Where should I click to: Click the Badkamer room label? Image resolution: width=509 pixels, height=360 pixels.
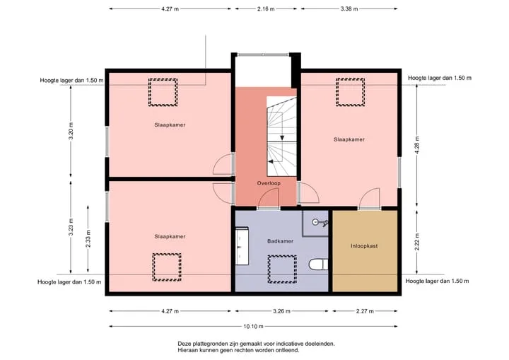[280, 241]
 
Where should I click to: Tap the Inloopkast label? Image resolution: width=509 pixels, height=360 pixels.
[364, 246]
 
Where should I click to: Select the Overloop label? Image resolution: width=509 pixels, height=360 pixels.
[269, 183]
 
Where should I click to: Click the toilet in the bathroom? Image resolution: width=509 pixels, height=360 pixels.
[318, 265]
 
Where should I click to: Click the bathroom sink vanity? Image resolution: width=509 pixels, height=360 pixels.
[242, 246]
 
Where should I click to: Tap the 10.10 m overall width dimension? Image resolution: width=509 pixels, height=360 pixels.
[253, 326]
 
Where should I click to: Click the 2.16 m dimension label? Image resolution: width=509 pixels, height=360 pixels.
[266, 8]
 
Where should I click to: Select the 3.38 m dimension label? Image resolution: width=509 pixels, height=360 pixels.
[349, 8]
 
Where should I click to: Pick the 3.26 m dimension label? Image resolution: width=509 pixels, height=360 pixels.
[281, 311]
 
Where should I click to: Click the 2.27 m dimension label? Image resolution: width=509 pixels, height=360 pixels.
[365, 311]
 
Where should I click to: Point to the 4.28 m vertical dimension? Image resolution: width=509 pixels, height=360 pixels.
[417, 145]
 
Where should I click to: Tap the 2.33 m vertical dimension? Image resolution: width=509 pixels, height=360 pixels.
[88, 239]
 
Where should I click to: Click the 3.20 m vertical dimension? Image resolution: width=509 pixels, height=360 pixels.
[71, 131]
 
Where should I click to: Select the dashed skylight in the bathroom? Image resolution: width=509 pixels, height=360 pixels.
[282, 269]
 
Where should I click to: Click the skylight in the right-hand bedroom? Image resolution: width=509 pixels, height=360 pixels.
[350, 92]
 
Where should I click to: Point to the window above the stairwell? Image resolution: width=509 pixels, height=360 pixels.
[263, 54]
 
